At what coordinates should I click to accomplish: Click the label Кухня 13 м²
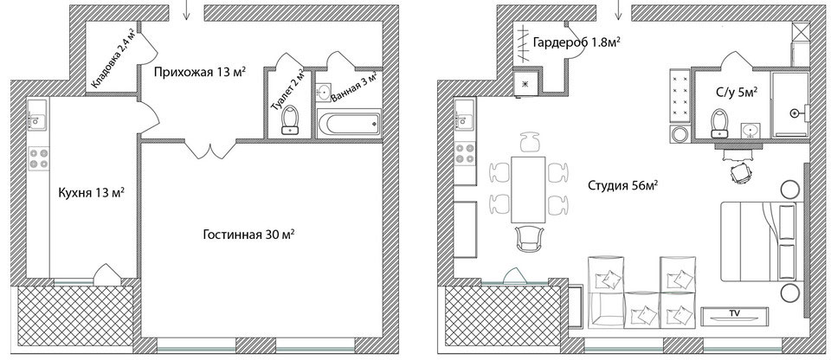tap(91, 192)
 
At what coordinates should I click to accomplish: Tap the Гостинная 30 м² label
tap(248, 235)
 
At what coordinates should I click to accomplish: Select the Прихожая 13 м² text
tap(200, 73)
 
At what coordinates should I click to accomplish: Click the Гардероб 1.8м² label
tap(577, 43)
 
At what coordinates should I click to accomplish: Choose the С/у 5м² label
tap(735, 93)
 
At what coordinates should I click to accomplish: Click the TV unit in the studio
tap(735, 316)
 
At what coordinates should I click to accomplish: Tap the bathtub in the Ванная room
tap(349, 124)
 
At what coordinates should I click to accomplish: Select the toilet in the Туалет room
tap(289, 120)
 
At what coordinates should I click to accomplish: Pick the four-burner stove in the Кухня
tap(39, 158)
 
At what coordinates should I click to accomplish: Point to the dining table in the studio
tap(528, 190)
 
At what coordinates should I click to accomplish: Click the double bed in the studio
tap(759, 241)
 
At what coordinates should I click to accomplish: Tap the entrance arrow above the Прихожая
tap(186, 10)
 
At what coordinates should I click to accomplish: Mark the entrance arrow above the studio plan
tap(618, 10)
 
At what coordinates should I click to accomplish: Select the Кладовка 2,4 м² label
tap(113, 58)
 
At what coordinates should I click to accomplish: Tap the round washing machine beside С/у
tap(680, 134)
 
